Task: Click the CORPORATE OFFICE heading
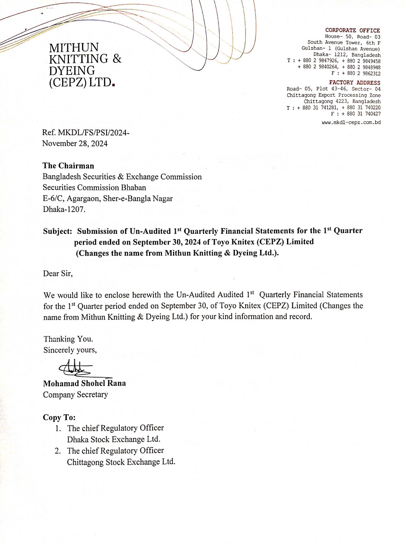352,30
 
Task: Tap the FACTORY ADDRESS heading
354,83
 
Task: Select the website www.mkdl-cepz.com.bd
351,122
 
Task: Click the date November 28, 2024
75,144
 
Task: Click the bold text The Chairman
68,166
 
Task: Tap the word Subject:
57,231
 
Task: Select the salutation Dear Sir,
58,274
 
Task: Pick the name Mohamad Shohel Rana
84,383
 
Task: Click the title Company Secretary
76,395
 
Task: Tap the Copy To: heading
59,418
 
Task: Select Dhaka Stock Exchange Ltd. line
114,440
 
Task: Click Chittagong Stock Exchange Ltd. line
121,462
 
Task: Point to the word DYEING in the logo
72,71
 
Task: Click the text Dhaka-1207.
64,210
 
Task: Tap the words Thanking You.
68,339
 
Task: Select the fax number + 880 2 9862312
361,74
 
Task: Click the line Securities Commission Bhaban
94,188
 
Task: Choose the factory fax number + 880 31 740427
361,114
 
